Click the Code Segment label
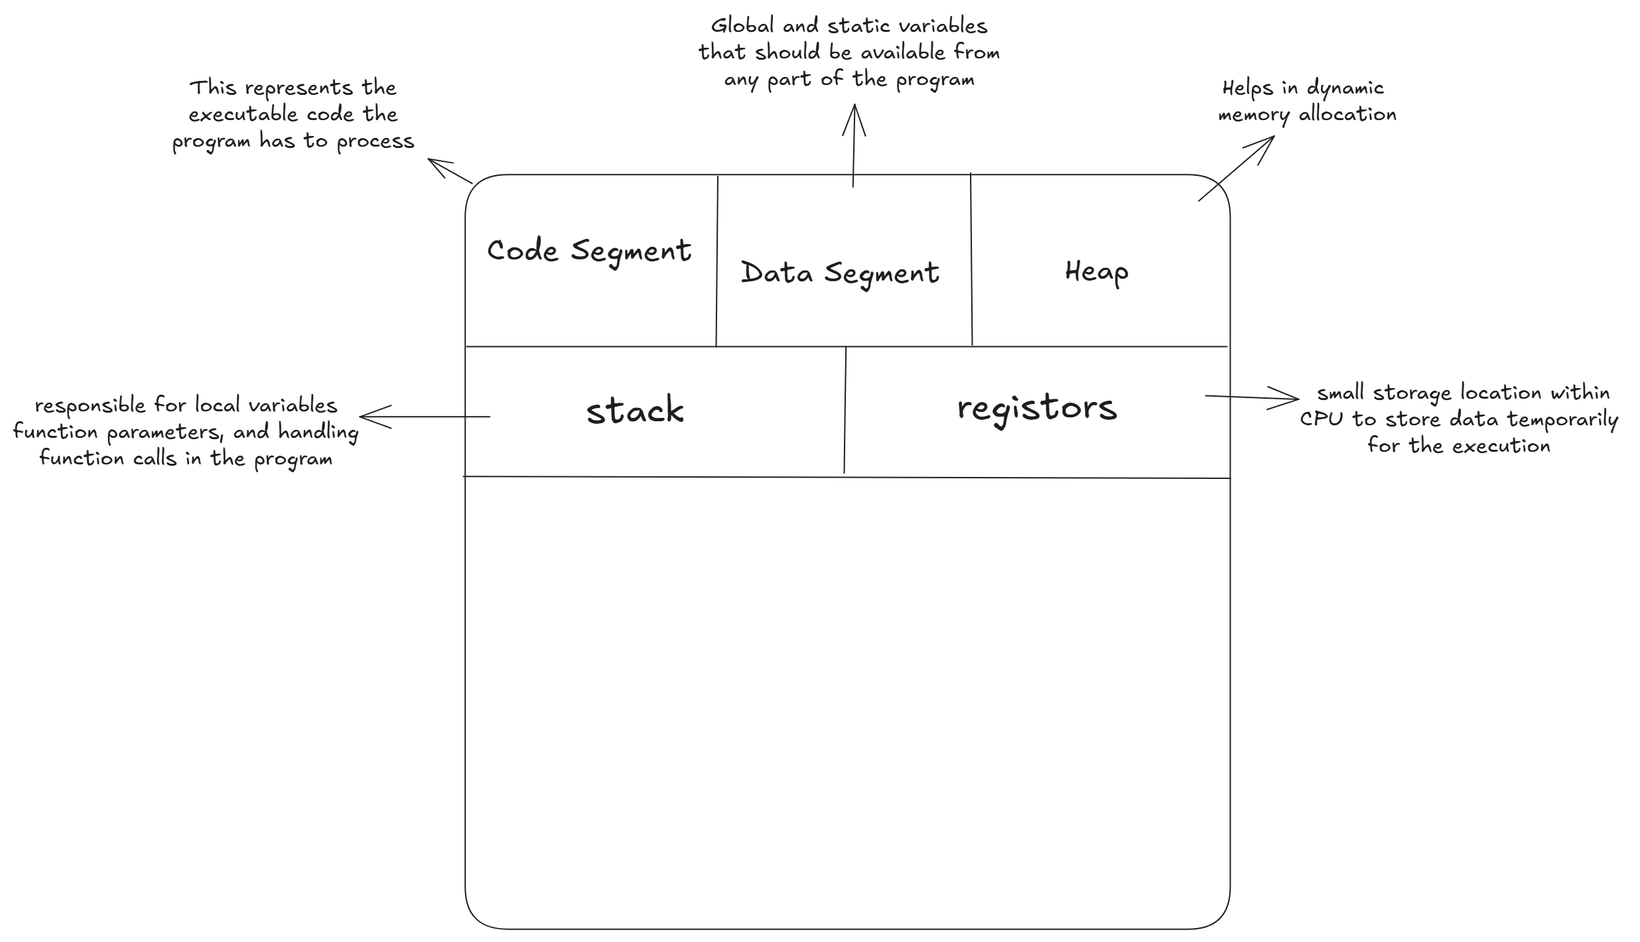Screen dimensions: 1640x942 click(x=589, y=252)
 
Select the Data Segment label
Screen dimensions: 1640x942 click(x=840, y=274)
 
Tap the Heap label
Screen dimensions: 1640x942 click(x=1097, y=272)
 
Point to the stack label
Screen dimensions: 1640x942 click(x=635, y=410)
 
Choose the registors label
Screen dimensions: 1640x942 click(x=1037, y=409)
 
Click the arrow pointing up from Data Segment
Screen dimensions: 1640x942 click(x=854, y=145)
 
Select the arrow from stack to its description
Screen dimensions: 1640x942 click(x=425, y=417)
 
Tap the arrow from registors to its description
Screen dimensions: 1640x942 click(x=1252, y=397)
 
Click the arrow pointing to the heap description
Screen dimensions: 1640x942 click(x=1237, y=168)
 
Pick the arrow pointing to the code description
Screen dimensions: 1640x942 click(x=450, y=170)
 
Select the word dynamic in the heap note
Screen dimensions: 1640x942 click(x=1345, y=89)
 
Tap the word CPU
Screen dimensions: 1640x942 click(x=1323, y=419)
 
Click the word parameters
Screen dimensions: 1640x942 click(x=165, y=433)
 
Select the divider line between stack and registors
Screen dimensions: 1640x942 click(x=845, y=410)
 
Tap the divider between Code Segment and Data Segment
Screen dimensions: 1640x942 click(x=717, y=261)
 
